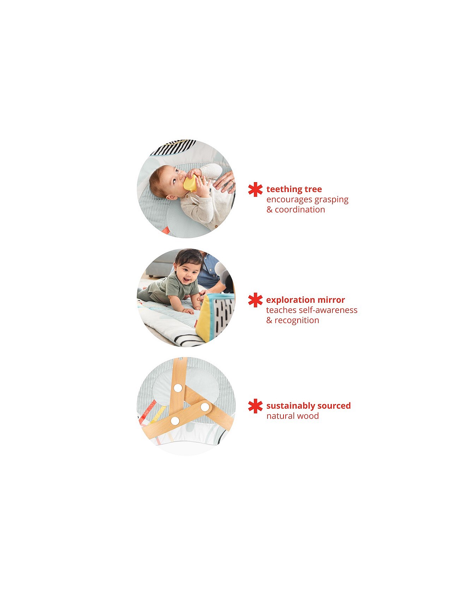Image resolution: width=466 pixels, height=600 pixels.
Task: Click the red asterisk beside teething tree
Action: click(x=255, y=190)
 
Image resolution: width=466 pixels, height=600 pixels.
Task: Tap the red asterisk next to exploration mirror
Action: click(x=255, y=300)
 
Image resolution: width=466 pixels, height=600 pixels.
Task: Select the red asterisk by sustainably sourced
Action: click(x=255, y=406)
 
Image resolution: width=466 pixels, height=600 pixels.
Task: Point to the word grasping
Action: click(x=331, y=200)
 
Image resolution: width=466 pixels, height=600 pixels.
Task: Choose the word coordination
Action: click(x=300, y=210)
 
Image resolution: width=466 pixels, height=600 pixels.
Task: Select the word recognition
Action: click(x=297, y=320)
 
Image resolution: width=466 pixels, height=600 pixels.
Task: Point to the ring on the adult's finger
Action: click(x=233, y=183)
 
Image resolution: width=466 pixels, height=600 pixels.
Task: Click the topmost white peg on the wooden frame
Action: click(x=178, y=388)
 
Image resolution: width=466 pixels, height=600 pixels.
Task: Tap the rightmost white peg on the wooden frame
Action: click(x=205, y=407)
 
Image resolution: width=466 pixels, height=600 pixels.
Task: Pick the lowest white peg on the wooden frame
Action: click(x=175, y=421)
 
